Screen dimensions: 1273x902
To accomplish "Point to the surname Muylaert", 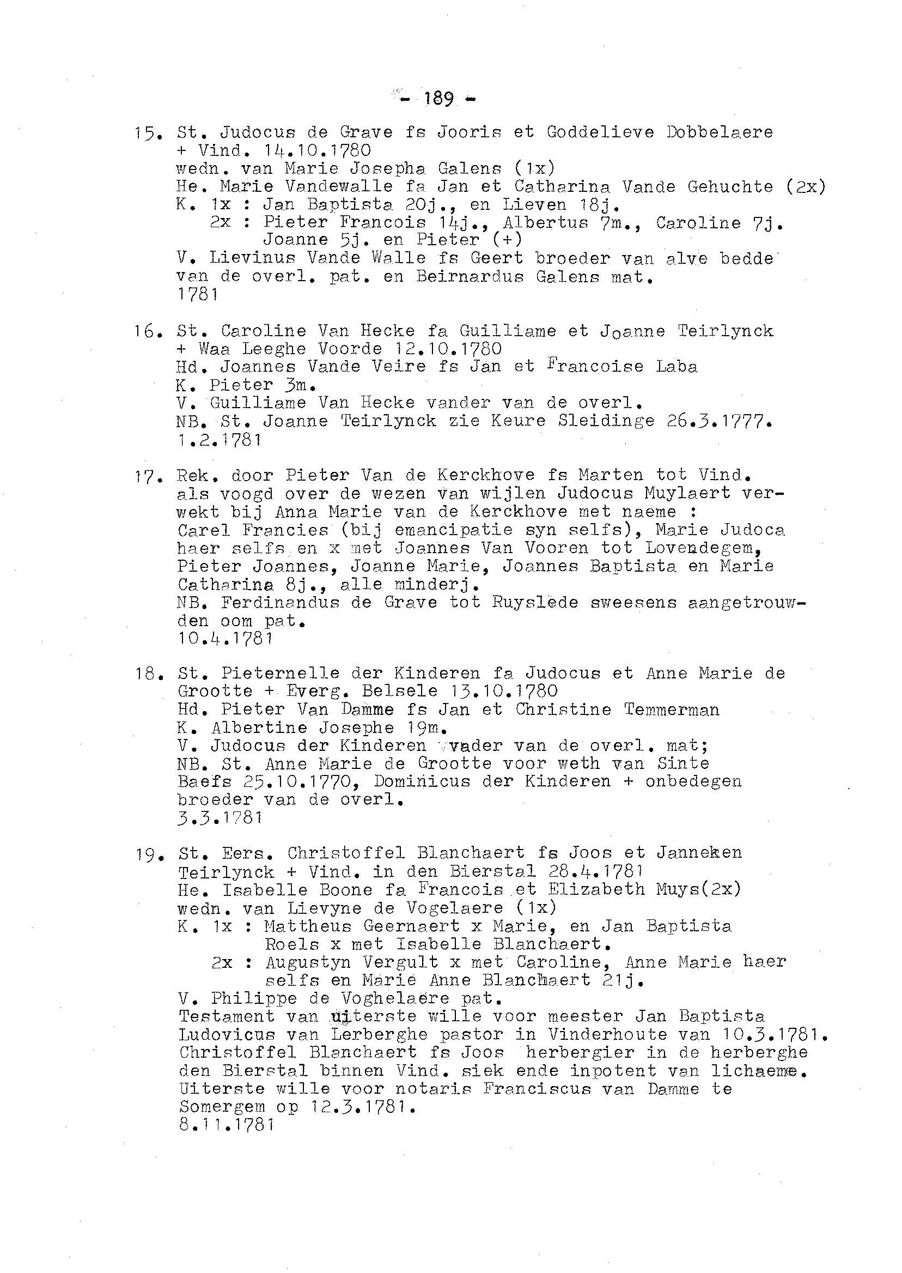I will click(x=673, y=493).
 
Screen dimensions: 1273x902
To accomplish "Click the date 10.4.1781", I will click(x=225, y=639).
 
